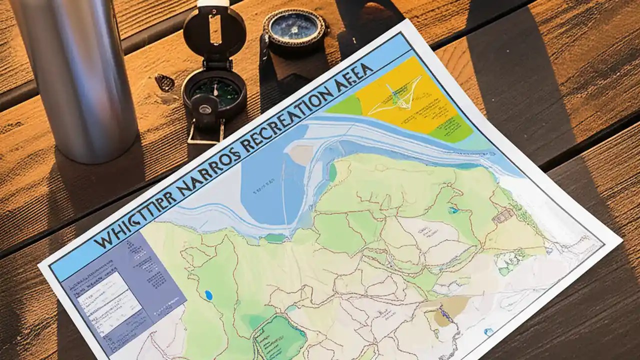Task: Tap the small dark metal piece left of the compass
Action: coord(164,82)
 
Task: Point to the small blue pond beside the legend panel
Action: coord(208,295)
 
